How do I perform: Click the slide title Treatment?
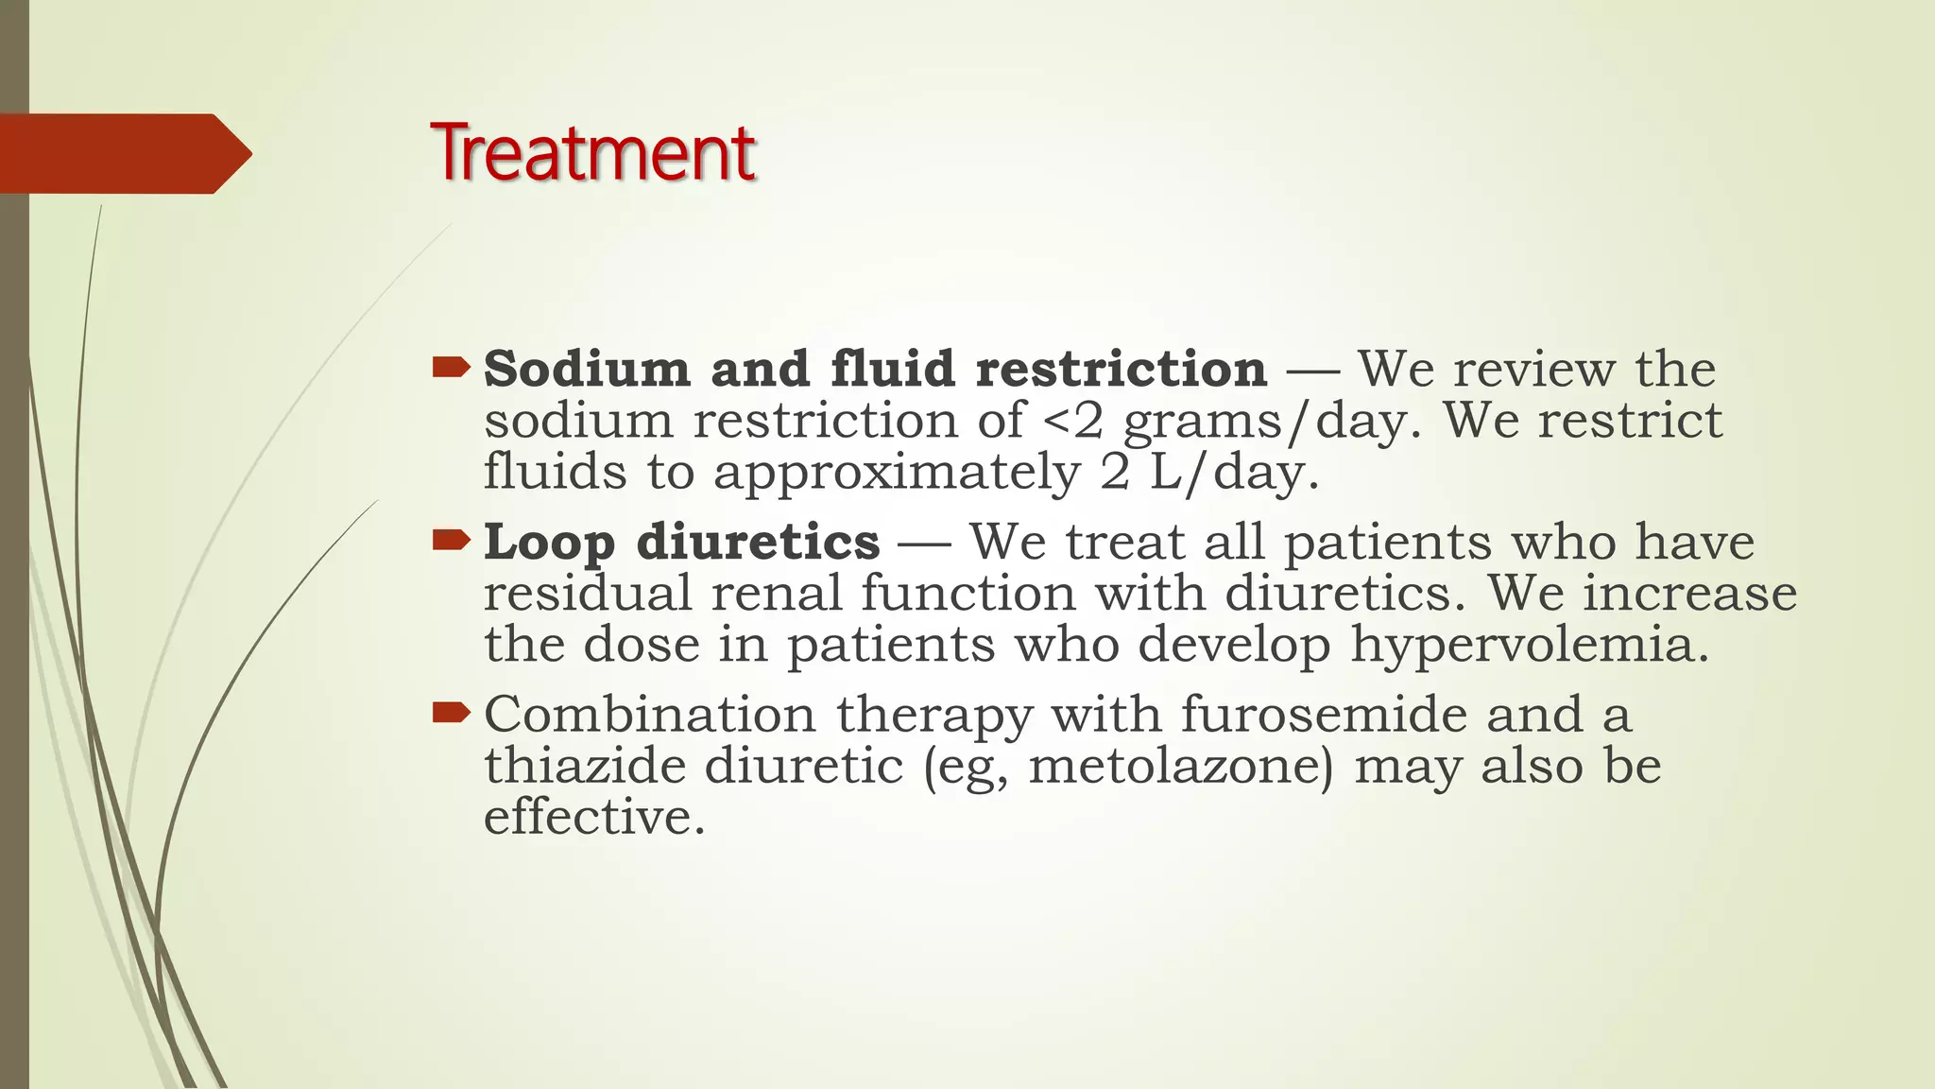click(592, 153)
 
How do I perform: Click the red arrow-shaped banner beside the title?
click(123, 153)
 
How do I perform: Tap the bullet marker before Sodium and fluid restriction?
click(451, 367)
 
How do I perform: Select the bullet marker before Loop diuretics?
click(451, 540)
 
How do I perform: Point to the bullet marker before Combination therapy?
click(451, 712)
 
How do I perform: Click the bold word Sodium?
click(587, 369)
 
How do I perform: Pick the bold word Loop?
click(549, 543)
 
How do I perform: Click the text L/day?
click(1233, 473)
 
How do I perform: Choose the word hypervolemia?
click(1529, 647)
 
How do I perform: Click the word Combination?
click(650, 714)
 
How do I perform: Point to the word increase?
click(1689, 594)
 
